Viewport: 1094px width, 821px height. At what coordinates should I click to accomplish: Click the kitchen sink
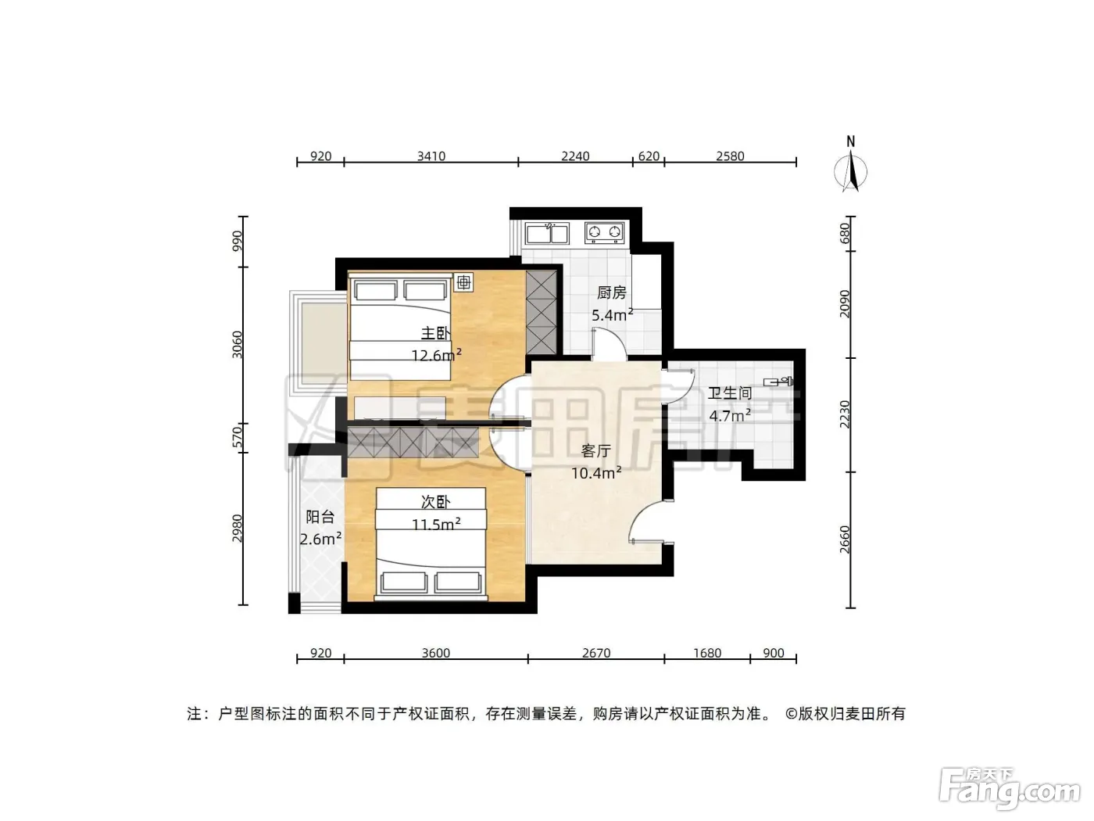(547, 233)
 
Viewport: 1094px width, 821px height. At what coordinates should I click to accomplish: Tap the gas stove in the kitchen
(604, 232)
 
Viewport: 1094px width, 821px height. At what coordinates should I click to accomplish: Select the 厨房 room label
(612, 292)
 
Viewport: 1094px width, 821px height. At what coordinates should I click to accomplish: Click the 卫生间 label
(730, 393)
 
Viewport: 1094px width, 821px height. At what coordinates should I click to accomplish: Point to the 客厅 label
(595, 450)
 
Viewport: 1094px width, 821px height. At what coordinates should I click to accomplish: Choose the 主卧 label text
(435, 333)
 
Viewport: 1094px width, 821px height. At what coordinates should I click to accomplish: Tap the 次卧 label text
(435, 502)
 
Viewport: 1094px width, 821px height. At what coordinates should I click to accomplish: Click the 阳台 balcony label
(320, 517)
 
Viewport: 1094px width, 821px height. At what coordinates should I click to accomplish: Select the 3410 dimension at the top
(431, 156)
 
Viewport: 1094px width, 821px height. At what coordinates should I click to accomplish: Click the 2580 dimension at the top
(730, 156)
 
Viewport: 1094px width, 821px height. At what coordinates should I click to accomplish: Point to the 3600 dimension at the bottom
(435, 653)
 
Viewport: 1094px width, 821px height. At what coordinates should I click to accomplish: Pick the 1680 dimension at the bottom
(707, 653)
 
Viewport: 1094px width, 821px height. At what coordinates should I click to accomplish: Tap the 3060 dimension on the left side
(238, 345)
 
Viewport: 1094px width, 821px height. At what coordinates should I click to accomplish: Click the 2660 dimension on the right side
(844, 540)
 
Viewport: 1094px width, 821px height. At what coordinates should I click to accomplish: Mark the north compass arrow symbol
(851, 173)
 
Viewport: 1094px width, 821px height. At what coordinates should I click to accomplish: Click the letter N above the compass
(851, 142)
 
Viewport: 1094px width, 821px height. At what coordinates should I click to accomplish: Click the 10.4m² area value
(596, 472)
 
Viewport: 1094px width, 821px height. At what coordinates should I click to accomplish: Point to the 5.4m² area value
(612, 314)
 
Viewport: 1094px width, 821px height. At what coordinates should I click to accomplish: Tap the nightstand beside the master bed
(463, 282)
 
